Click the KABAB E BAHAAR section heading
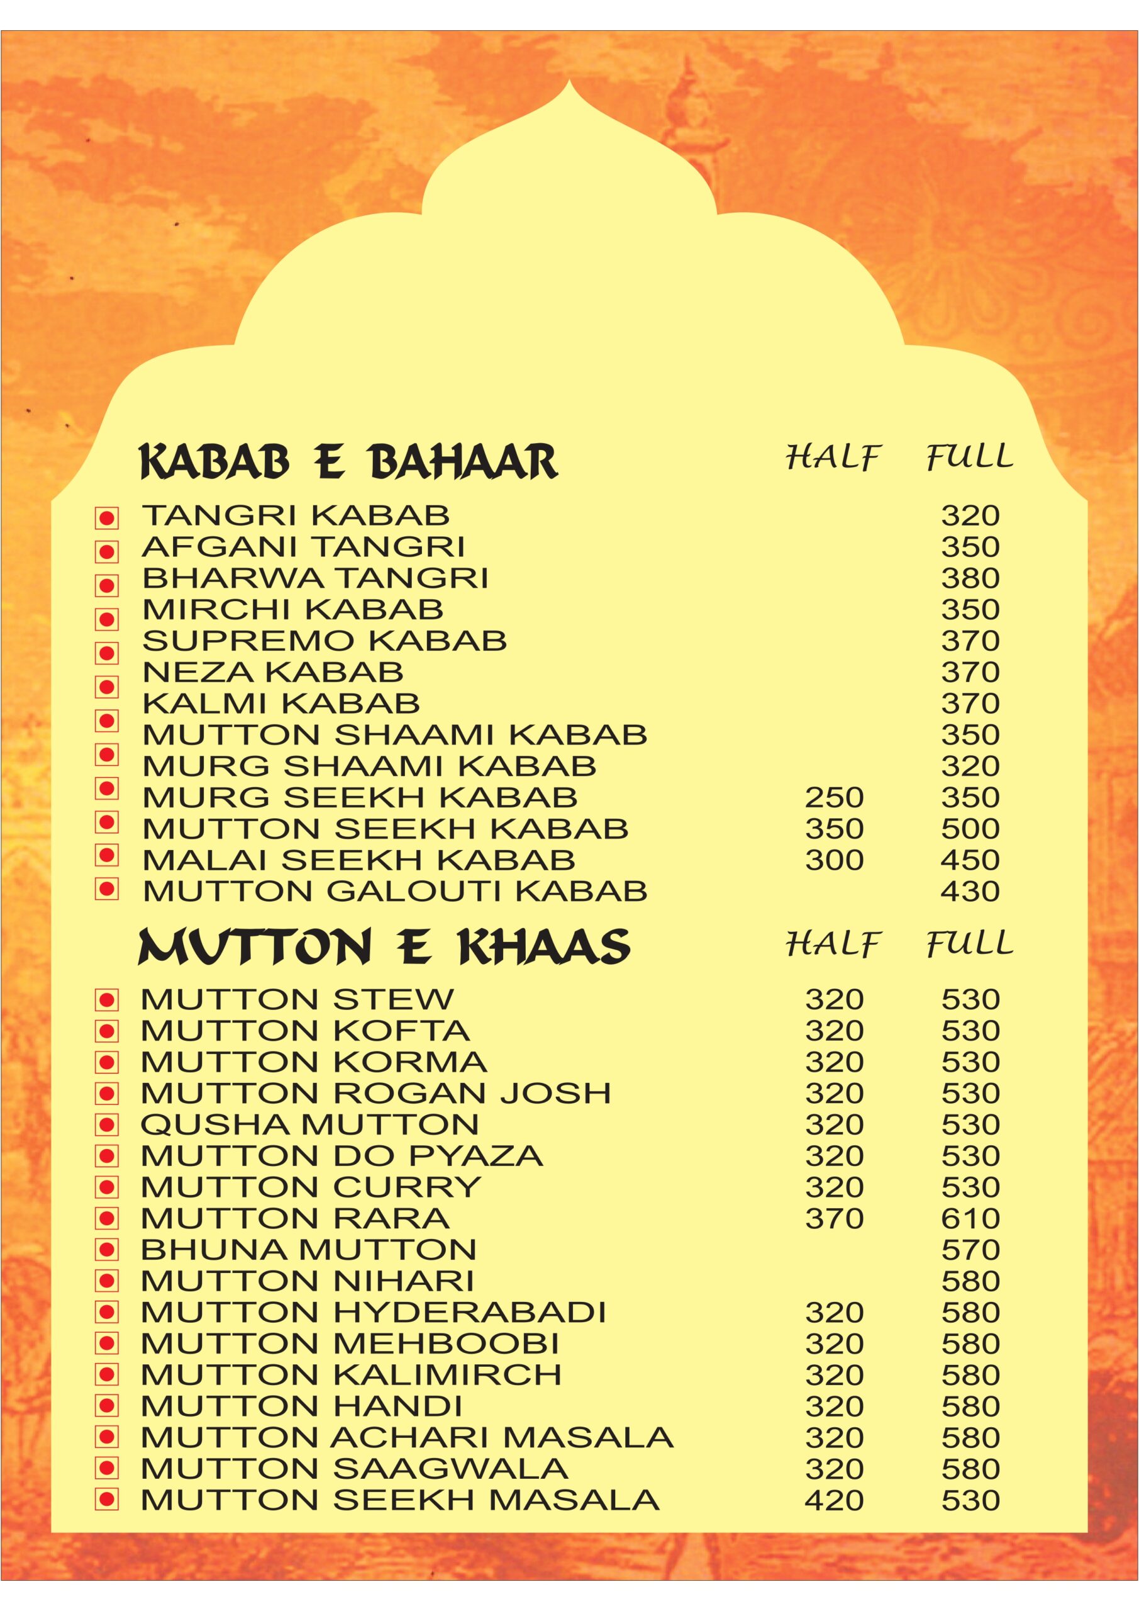(x=348, y=461)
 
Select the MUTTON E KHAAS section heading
(x=384, y=947)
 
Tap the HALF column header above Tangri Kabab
(x=833, y=457)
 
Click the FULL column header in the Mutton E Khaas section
(x=970, y=944)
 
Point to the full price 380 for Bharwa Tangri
(x=970, y=578)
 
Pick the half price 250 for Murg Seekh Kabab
(x=834, y=797)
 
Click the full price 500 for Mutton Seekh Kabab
(x=970, y=829)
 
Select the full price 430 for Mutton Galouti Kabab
(x=970, y=891)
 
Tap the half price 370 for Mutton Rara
(x=834, y=1219)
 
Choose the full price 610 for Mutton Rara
(x=970, y=1219)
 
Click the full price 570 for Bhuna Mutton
(x=970, y=1250)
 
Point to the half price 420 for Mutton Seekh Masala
(x=834, y=1501)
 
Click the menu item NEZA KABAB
(x=273, y=672)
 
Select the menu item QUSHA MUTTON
(x=309, y=1125)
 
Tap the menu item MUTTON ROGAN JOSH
(x=375, y=1093)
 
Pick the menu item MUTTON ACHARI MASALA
(x=407, y=1438)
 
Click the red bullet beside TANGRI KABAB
(x=108, y=519)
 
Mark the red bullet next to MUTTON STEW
(x=108, y=1000)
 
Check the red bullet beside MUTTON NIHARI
(x=108, y=1282)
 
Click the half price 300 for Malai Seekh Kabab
(x=834, y=860)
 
